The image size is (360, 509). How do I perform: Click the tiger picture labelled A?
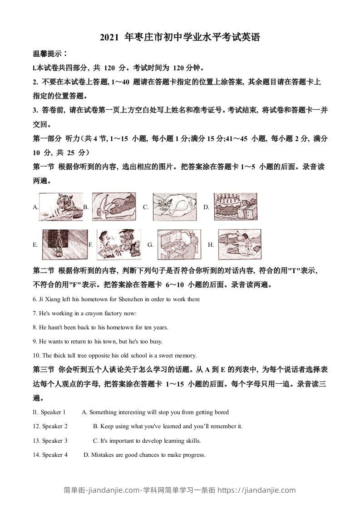(x=61, y=206)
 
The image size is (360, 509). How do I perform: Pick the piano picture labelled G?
(x=179, y=244)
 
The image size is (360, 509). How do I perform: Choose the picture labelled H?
(x=239, y=244)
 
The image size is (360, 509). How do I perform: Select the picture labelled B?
(x=114, y=206)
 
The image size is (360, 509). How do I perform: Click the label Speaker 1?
(x=53, y=412)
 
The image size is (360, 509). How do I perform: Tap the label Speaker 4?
(x=54, y=455)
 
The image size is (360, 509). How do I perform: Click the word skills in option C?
(x=192, y=440)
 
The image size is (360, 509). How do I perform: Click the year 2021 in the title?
(x=109, y=38)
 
